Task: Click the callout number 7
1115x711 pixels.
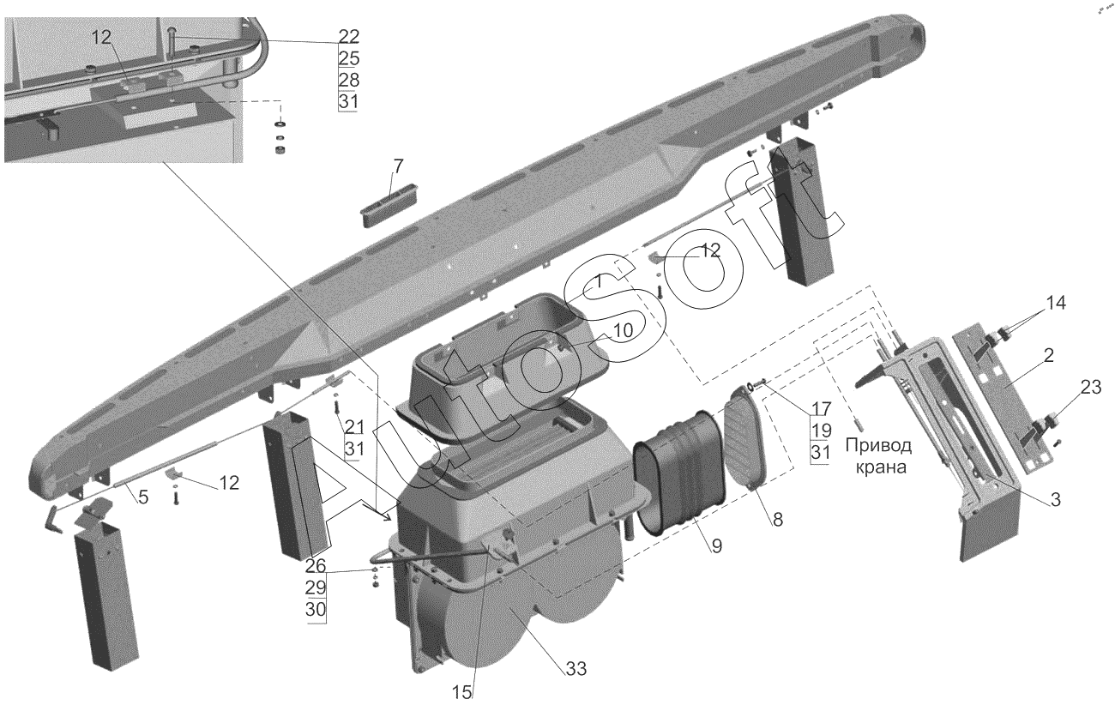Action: (399, 166)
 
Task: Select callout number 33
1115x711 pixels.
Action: (576, 669)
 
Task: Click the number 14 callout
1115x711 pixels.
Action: (1055, 303)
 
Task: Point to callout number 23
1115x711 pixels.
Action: (1091, 387)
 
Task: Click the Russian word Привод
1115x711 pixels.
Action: (878, 446)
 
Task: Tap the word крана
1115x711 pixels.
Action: (879, 468)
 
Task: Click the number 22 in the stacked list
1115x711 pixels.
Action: (348, 36)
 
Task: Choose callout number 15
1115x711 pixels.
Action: (462, 692)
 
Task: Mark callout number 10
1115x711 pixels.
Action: (622, 330)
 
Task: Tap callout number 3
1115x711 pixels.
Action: (1056, 500)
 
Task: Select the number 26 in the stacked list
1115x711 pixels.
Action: (316, 566)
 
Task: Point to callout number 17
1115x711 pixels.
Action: (821, 409)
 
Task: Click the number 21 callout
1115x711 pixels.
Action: (354, 427)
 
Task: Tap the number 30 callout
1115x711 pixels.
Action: (316, 610)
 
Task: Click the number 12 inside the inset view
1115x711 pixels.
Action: (101, 37)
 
